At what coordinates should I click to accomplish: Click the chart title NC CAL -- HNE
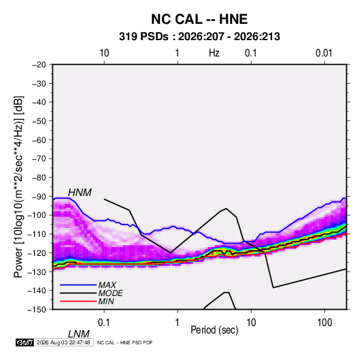click(x=199, y=19)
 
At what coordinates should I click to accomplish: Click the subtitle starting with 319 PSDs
click(x=199, y=37)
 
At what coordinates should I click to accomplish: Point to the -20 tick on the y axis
click(x=39, y=65)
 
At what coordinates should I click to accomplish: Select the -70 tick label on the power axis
click(x=39, y=159)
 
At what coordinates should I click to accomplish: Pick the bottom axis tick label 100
click(x=325, y=323)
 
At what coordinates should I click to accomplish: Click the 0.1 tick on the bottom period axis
click(x=104, y=323)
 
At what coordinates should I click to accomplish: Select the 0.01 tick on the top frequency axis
click(x=324, y=53)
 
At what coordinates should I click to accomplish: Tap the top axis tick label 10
click(x=104, y=53)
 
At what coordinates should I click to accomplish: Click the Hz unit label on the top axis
click(x=214, y=53)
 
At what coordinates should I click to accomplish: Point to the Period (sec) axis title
click(x=214, y=330)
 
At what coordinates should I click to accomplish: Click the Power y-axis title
click(x=18, y=186)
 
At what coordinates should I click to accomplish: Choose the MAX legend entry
click(x=107, y=285)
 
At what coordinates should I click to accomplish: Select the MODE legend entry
click(x=110, y=293)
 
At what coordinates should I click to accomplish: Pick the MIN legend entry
click(x=106, y=301)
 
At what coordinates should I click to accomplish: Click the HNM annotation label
click(x=80, y=193)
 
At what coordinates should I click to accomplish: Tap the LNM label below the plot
click(x=79, y=334)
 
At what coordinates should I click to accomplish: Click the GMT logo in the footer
click(x=24, y=342)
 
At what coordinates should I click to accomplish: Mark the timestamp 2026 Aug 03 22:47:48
click(x=63, y=342)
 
